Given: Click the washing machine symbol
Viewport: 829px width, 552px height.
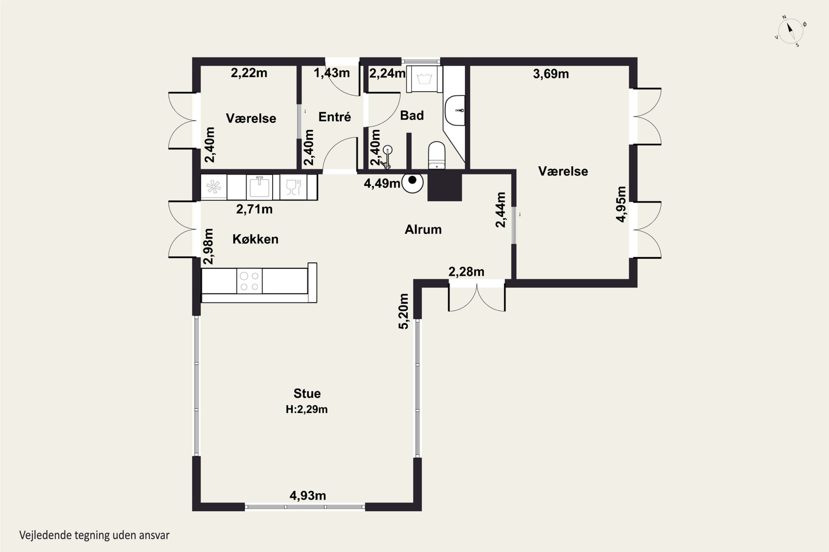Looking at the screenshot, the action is point(424,79).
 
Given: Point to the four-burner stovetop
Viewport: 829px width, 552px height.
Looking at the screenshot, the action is point(249,281).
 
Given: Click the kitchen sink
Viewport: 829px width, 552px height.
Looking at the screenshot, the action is point(259,187).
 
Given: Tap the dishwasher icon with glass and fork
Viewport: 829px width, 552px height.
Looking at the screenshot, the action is point(293,187).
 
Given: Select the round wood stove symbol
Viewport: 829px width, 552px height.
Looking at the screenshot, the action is point(412,183).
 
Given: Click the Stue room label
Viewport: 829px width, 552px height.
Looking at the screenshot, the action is point(307,393).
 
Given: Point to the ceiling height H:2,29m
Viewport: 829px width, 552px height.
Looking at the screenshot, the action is point(307,409).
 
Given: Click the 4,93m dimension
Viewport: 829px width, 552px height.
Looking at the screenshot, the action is point(308,496).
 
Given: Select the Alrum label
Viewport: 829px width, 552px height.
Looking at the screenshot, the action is point(423,230).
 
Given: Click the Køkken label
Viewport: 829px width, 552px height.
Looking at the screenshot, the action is point(256,239).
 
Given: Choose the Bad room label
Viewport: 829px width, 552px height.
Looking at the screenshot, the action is point(412,115).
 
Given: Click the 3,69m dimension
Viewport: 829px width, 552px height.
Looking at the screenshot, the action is point(551,74).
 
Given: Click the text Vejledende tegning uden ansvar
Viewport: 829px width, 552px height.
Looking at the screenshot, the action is point(95,535).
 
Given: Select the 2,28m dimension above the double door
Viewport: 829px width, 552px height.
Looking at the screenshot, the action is point(466,272).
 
